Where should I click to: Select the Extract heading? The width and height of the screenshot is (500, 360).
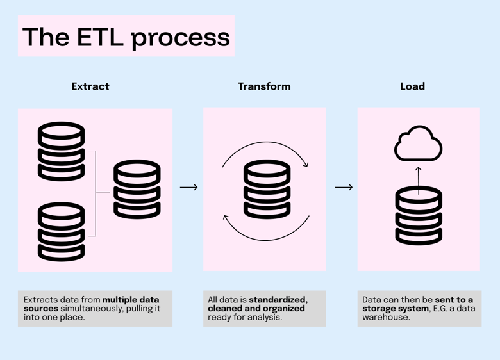point(90,86)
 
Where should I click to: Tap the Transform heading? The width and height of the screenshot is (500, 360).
point(264,86)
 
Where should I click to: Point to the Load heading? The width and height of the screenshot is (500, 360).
point(412,86)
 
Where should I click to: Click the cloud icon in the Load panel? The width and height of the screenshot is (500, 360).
point(418,145)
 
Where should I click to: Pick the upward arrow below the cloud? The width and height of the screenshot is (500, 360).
point(419,179)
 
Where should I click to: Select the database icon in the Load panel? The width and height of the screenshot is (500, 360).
point(419,216)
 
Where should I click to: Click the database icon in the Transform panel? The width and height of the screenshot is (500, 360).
point(267,190)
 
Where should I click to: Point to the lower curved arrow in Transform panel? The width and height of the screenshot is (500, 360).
point(265,227)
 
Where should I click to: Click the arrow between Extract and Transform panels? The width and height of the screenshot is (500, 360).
point(188,187)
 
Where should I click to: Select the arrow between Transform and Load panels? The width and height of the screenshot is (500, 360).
point(344,187)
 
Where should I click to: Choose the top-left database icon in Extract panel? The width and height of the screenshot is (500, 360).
point(61,151)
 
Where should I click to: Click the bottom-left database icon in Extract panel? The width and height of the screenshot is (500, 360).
point(61,231)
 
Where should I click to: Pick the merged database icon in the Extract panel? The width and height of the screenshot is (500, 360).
point(137,190)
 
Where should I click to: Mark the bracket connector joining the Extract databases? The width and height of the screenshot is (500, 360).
point(94,192)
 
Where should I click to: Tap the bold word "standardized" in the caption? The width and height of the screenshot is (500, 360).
point(278,300)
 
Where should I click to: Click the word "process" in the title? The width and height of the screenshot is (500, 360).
point(180,37)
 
